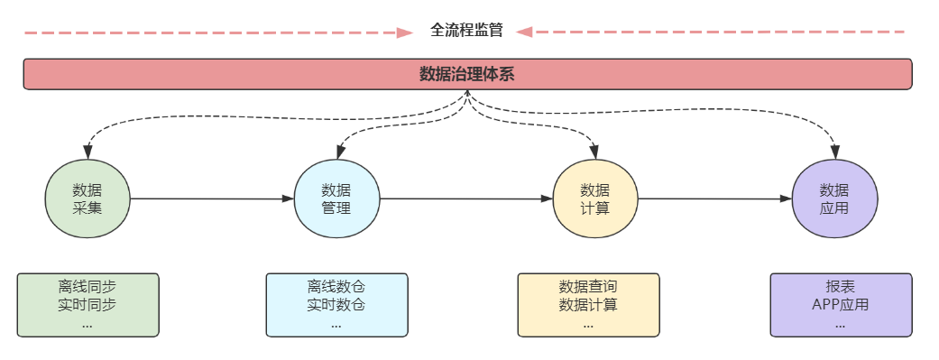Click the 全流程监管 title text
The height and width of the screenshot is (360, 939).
point(466,30)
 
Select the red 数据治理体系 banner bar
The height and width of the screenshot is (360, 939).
point(467,74)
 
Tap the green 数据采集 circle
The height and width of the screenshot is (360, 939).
point(87,199)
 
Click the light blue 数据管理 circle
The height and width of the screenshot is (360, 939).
point(336,199)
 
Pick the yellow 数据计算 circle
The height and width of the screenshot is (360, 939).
point(594,199)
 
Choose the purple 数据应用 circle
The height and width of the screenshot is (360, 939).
point(834,199)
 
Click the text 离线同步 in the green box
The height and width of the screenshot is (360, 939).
point(87,287)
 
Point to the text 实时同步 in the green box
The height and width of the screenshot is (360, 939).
point(87,305)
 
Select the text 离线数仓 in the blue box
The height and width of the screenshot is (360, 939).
point(336,287)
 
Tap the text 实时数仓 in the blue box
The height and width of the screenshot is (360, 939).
point(336,305)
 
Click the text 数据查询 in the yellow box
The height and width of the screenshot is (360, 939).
point(588,287)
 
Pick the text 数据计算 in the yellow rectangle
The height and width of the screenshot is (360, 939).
point(588,305)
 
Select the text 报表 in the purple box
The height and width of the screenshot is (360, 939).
point(840,287)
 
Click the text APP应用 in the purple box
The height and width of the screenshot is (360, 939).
point(840,305)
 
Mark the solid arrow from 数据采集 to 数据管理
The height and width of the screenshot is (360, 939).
point(212,198)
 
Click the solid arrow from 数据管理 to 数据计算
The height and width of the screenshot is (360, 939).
point(465,198)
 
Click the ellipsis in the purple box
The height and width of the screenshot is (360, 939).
point(840,323)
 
